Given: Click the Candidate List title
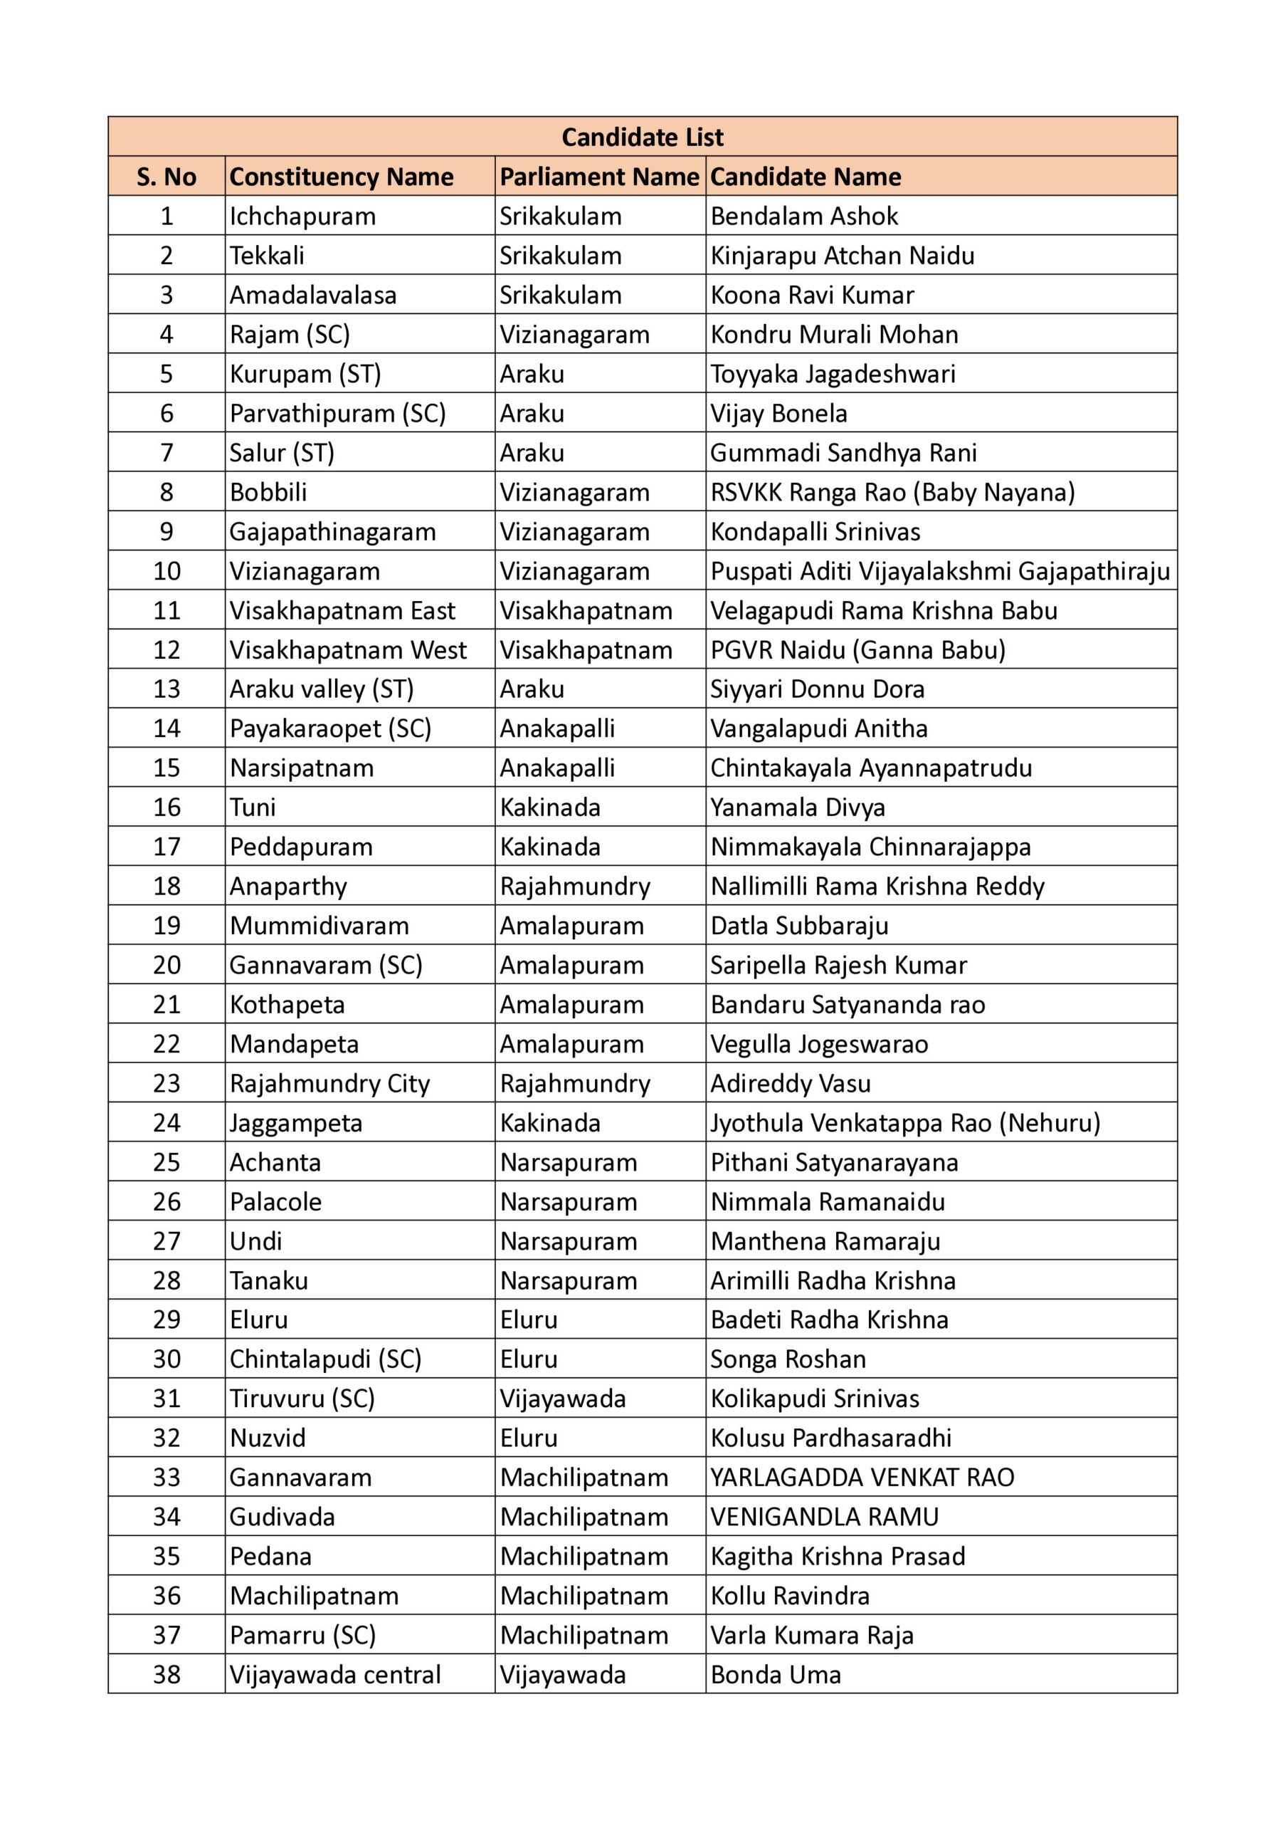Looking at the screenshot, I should pos(642,137).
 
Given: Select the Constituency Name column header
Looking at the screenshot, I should pos(342,177).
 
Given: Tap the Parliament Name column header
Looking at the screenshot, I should pos(599,177).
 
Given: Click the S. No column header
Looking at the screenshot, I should pos(166,177).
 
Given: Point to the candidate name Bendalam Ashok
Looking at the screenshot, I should pos(803,216).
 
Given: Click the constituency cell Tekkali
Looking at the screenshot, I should pos(267,256).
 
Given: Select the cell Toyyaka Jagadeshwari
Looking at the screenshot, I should pos(833,374).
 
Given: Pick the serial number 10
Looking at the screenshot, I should pos(166,571).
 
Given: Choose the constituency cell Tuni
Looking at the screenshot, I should pos(253,808).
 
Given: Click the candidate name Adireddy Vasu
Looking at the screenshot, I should pos(790,1084).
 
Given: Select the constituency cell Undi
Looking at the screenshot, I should pos(255,1241).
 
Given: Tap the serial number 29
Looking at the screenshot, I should pos(166,1320).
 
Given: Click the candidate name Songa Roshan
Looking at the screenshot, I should pos(787,1359).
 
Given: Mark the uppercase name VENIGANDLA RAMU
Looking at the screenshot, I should pos(824,1517).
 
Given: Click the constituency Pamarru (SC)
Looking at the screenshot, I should pos(302,1635).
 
